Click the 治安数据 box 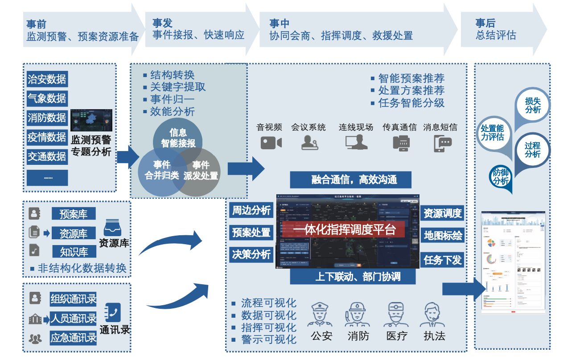tap(47, 79)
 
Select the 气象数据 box tap(47, 98)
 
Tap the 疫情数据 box tap(47, 137)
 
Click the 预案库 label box tap(74, 214)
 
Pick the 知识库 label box tap(74, 252)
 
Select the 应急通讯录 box tap(73, 337)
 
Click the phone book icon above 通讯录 tap(113, 312)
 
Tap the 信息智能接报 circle tap(178, 138)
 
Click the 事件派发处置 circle tap(201, 171)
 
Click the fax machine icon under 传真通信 tap(399, 143)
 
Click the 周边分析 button tap(251, 210)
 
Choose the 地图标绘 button tap(443, 236)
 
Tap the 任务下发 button tap(443, 259)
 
